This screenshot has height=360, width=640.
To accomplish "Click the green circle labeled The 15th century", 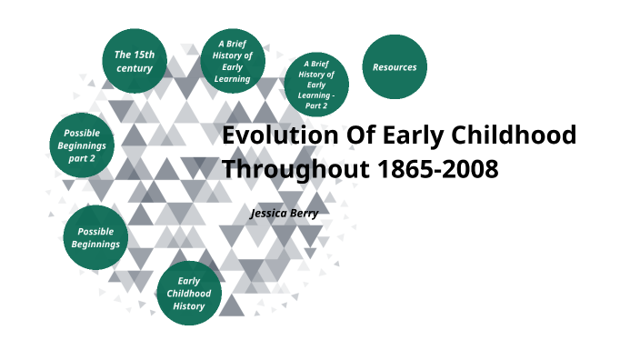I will (135, 61).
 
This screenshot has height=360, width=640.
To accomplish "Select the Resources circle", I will (395, 67).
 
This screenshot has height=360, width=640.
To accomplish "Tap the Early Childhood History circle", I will (189, 294).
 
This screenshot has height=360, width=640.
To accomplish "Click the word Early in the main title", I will (414, 135).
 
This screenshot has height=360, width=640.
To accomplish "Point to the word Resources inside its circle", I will (395, 67).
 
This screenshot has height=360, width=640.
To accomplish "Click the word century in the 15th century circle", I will (135, 68).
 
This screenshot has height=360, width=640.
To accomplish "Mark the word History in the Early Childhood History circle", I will (189, 306).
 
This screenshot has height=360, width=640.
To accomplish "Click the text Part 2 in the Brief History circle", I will (316, 105).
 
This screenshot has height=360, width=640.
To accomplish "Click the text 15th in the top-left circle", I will (142, 55).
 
